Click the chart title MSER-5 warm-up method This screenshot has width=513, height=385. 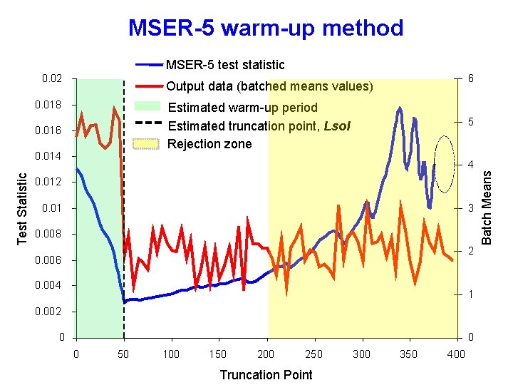[x=265, y=28]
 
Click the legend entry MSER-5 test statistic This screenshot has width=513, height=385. [x=225, y=65]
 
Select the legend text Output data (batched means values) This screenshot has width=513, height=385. [x=269, y=86]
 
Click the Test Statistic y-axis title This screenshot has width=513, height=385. [x=22, y=207]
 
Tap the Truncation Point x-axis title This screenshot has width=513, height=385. [x=266, y=375]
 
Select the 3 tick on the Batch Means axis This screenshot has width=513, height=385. [x=470, y=208]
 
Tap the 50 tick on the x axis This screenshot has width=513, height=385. [x=124, y=354]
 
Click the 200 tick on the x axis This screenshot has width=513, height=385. [x=266, y=354]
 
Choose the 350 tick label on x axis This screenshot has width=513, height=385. [x=408, y=354]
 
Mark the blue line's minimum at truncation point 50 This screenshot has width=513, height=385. [x=124, y=302]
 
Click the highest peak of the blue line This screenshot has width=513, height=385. [x=400, y=108]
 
